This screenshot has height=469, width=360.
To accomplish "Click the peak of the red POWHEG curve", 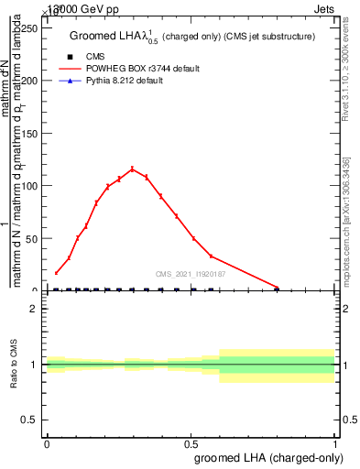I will (x=132, y=169).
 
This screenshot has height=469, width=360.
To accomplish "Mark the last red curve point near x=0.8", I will (x=277, y=288).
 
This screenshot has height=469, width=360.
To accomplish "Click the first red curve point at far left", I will (x=56, y=273).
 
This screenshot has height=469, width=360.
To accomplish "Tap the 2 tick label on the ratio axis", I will (x=33, y=309).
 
